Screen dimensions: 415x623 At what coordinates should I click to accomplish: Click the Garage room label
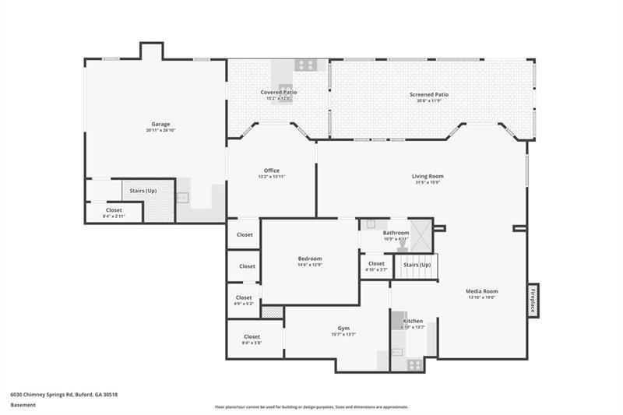(x=160, y=124)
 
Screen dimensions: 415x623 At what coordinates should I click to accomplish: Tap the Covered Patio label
(x=278, y=92)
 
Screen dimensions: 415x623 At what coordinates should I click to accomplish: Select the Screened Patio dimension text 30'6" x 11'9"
(x=429, y=100)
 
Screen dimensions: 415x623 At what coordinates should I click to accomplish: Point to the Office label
(x=271, y=171)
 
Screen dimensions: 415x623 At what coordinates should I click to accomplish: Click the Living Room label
(x=428, y=176)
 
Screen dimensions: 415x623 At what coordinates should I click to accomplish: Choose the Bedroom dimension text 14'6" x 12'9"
(x=309, y=265)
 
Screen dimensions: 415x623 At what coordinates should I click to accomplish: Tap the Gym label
(x=343, y=328)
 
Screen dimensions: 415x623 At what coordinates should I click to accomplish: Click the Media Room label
(x=481, y=290)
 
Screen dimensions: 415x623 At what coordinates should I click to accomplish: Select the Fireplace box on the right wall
(x=533, y=300)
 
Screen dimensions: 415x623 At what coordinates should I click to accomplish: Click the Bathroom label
(x=396, y=233)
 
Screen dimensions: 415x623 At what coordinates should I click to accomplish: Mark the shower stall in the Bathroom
(x=421, y=234)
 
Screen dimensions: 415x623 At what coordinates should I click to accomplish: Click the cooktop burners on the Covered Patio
(x=304, y=65)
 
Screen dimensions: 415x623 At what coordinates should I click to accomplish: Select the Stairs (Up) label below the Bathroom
(x=417, y=265)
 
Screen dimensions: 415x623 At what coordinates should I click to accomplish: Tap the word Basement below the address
(x=23, y=404)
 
